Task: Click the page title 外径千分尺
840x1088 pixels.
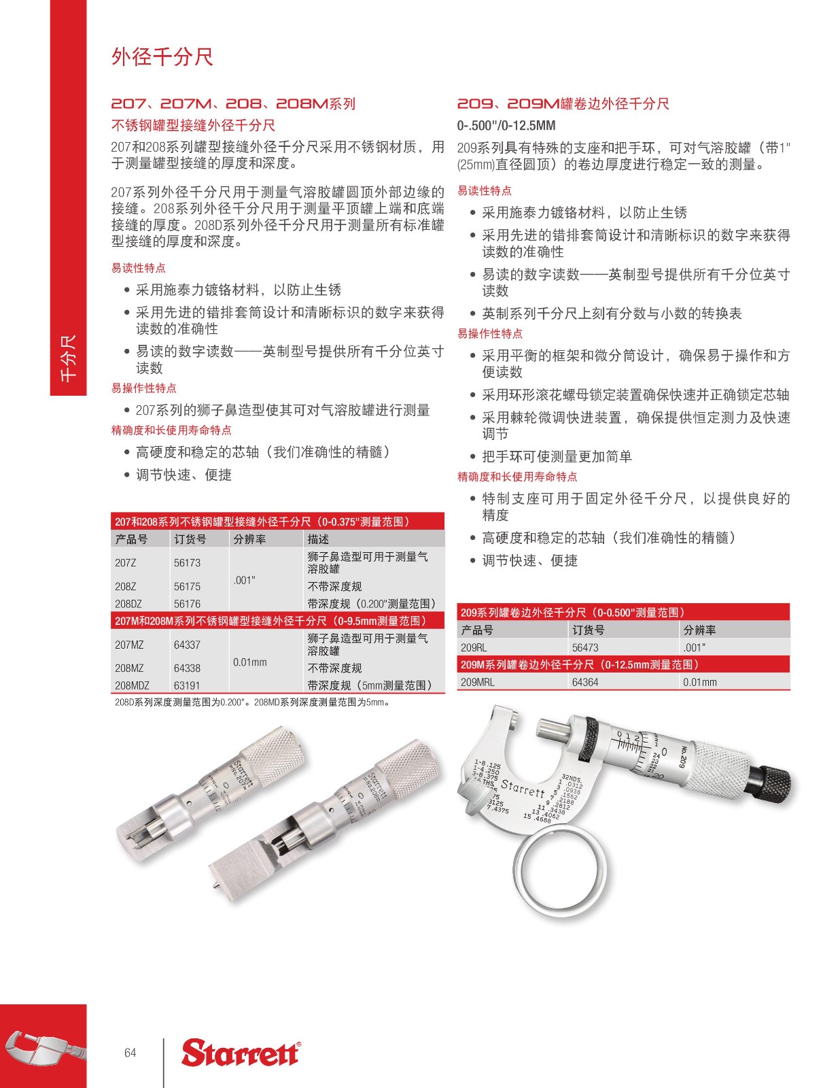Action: point(162,56)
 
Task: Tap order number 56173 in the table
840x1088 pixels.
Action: point(187,563)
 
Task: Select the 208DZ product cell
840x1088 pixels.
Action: point(128,604)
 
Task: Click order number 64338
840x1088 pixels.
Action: point(187,668)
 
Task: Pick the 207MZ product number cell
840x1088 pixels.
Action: point(129,645)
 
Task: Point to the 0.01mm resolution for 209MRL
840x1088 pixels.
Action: point(699,682)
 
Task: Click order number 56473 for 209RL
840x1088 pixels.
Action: point(585,647)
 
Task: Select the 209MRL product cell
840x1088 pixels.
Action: point(477,682)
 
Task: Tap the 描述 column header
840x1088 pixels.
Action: point(318,539)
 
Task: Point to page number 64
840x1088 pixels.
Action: point(130,1052)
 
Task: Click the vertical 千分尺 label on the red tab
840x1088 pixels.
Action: point(68,358)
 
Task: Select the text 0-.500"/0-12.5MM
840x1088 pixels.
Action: point(506,126)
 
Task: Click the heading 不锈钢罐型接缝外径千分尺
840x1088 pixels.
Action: point(193,125)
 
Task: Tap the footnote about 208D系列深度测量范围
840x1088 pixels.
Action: point(252,702)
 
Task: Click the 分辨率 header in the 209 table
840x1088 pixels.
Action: point(699,630)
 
